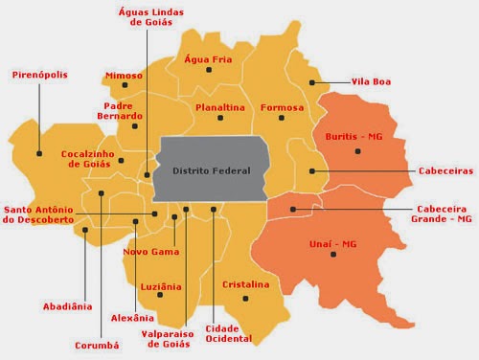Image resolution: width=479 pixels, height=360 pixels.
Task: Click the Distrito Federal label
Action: click(210, 170)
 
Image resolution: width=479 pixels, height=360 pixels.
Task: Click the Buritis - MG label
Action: click(354, 137)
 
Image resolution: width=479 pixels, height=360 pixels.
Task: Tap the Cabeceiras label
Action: click(445, 170)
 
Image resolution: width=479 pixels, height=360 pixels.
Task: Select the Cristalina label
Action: click(245, 285)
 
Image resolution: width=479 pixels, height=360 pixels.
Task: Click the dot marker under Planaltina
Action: click(220, 119)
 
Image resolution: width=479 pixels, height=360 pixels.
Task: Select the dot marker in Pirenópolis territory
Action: click(40, 151)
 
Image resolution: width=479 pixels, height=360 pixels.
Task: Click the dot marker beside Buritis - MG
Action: click(357, 150)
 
